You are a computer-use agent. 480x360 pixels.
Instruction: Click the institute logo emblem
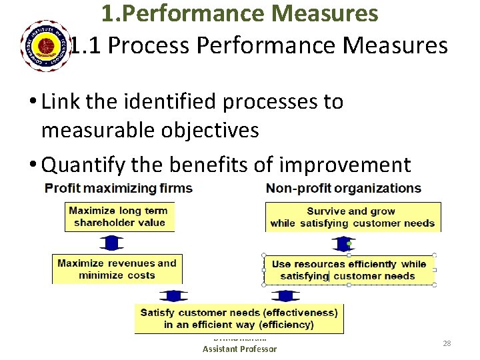pos(46,45)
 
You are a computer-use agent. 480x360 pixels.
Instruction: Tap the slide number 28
pos(447,343)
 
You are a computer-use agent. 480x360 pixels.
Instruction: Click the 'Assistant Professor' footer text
pos(239,349)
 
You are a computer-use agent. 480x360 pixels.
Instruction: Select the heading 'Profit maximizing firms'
pos(119,188)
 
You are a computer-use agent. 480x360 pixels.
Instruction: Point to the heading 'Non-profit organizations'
pos(343,188)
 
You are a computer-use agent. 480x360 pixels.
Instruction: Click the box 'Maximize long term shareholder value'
pos(119,217)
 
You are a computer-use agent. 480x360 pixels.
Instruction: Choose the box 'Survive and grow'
pos(353,217)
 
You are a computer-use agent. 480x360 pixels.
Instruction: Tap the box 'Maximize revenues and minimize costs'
pos(117,269)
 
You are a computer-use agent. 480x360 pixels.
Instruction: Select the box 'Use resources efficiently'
pos(348,269)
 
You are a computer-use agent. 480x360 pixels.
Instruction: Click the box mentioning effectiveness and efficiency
pos(239,319)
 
